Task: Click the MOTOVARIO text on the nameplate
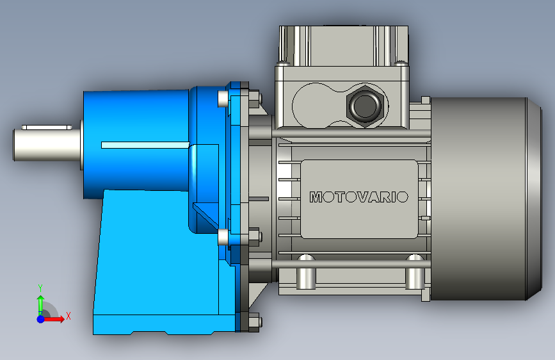coord(359,197)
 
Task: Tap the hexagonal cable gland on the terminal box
coord(366,106)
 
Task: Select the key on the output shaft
coord(47,127)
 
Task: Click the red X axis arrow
coord(53,319)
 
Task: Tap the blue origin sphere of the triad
coord(41,319)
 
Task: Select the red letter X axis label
coord(68,316)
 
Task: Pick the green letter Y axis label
coord(40,288)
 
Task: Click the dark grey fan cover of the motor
coord(486,199)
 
